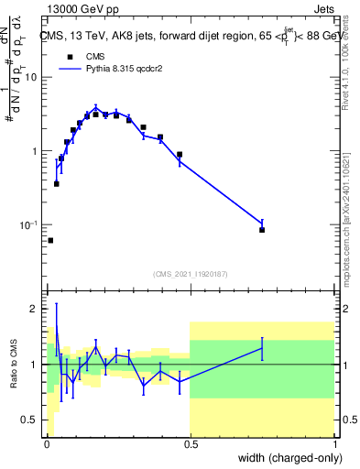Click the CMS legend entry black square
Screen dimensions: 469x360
pos(70,56)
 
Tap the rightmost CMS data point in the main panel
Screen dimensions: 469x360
pos(262,230)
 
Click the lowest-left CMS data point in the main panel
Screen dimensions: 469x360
pos(50,240)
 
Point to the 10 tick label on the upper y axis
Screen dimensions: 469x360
pos(32,77)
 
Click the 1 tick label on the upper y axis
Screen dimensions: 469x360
pos(36,151)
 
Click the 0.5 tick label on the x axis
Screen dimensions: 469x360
pos(191,445)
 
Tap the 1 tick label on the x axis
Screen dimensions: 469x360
pos(334,445)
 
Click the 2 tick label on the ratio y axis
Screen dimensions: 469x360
pos(35,309)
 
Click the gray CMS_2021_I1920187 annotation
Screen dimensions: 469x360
pos(191,274)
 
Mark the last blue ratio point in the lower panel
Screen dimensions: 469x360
pos(262,348)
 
